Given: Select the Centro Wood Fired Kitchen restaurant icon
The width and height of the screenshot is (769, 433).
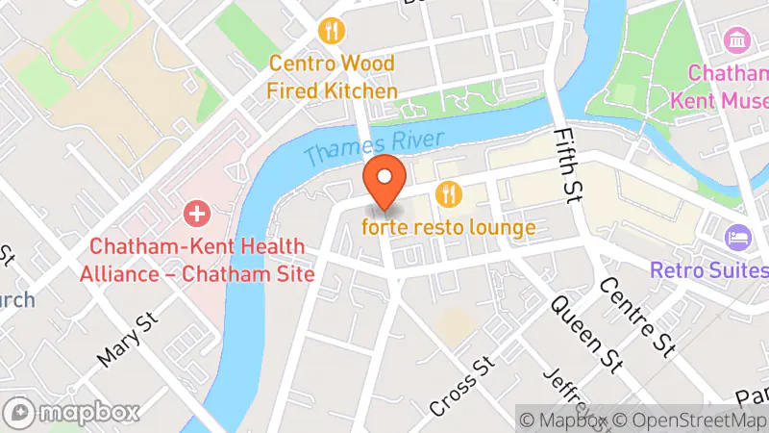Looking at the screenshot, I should (x=333, y=31).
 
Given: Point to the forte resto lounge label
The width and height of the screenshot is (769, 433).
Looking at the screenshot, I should (x=448, y=228).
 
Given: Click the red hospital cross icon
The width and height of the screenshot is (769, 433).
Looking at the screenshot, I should (x=196, y=211).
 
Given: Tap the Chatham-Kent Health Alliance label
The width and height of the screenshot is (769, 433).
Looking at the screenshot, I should (x=202, y=260).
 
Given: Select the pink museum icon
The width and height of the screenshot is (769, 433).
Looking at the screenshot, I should (x=737, y=40).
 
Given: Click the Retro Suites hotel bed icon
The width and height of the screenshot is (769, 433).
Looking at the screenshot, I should (x=738, y=237).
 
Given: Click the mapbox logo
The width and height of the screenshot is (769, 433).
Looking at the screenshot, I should (x=73, y=413).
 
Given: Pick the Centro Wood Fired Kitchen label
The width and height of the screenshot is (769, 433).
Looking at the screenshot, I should (x=333, y=77).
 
